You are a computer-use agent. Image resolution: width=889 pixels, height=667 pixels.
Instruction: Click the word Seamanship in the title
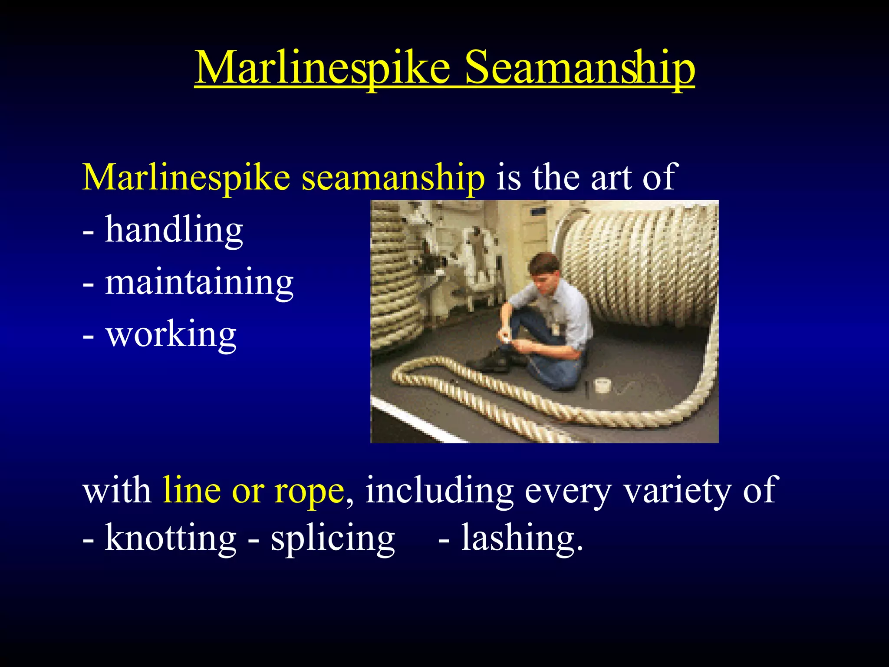point(579,69)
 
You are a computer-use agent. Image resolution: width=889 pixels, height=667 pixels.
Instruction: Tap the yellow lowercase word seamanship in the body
point(393,178)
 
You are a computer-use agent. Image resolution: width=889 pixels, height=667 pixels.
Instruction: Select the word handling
point(174,230)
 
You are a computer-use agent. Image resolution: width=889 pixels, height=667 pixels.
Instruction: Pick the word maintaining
point(199,282)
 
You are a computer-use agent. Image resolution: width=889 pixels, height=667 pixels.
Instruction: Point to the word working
point(171,335)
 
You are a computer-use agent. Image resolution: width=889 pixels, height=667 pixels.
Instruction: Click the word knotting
point(170,538)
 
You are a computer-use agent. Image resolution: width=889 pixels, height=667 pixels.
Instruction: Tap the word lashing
point(521,538)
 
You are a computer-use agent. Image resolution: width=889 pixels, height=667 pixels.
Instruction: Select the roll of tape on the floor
point(603,385)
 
